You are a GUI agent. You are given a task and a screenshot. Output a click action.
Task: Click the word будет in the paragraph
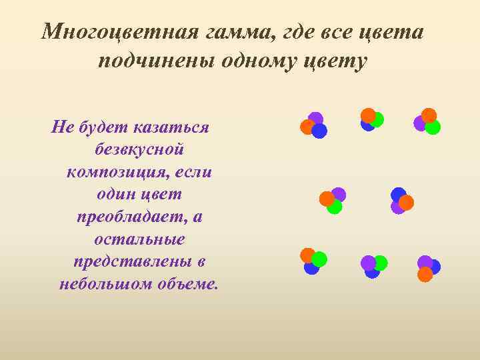[x=102, y=127]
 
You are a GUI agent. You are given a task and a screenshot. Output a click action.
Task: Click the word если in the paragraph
[x=195, y=171]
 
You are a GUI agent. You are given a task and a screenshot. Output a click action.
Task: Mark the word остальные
[x=139, y=239]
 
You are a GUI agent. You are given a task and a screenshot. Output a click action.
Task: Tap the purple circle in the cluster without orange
[x=368, y=263]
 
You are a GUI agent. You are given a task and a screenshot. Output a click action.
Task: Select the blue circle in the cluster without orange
[x=372, y=271]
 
